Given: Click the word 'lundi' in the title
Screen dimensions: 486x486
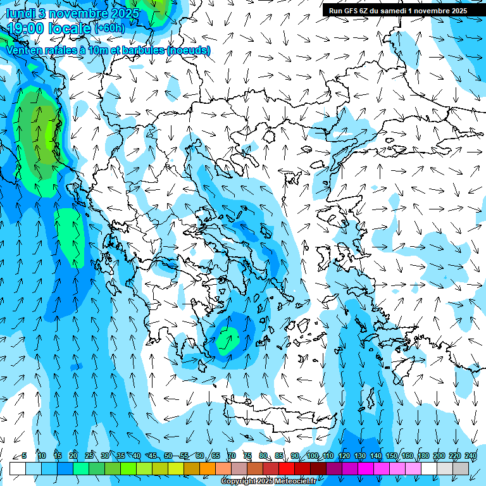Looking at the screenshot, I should click(x=22, y=13).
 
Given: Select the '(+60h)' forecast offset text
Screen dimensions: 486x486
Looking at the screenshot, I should click(x=109, y=28).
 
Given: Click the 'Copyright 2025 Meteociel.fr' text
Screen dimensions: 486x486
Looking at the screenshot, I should click(x=268, y=482).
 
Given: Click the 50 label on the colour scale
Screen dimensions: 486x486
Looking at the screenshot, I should click(x=168, y=456).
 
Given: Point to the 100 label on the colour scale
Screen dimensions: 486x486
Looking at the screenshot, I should click(x=312, y=456).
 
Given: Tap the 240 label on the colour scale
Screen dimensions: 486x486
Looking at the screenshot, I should click(x=470, y=456).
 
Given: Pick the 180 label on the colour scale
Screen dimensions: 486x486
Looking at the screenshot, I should click(x=423, y=456).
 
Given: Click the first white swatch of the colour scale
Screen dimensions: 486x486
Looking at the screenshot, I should click(x=18, y=468).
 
